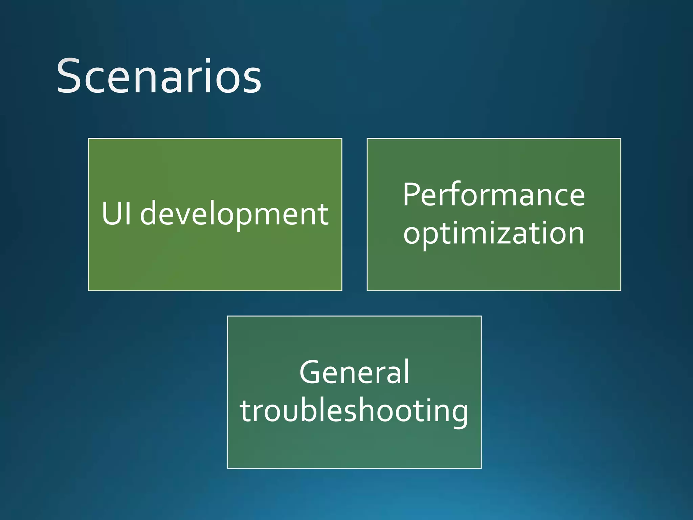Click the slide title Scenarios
(x=158, y=76)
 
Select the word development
(x=234, y=214)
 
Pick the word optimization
(x=493, y=234)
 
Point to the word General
(x=354, y=372)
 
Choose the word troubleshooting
(x=354, y=411)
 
